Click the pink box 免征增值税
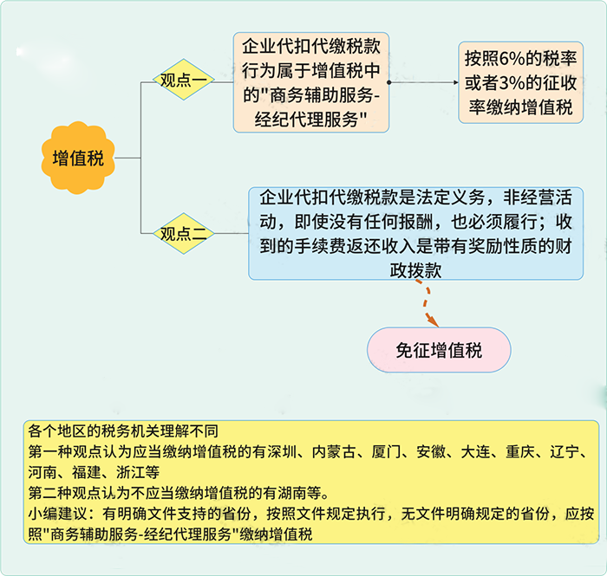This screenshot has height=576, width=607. [439, 351]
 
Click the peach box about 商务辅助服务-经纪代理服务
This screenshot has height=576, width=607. [310, 82]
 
